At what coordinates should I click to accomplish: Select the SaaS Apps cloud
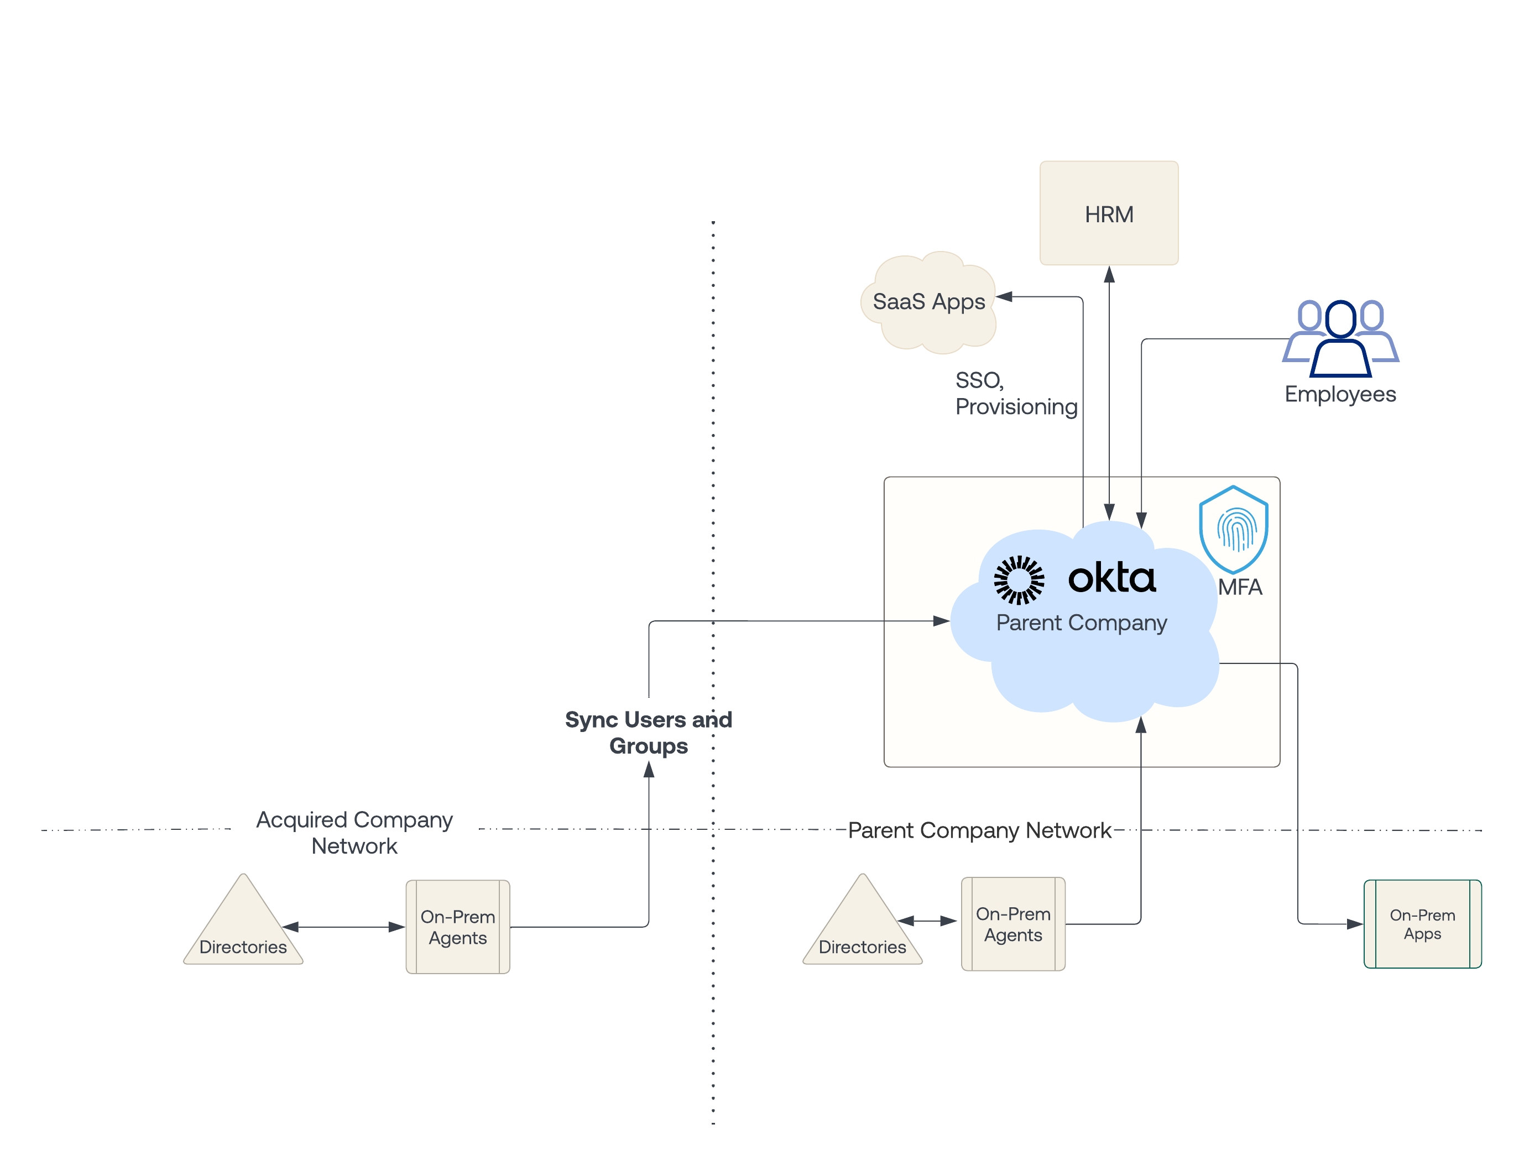point(928,302)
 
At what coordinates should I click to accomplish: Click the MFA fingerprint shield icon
point(1233,529)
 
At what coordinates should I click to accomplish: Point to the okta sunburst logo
point(1018,579)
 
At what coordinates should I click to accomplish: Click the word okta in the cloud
point(1112,578)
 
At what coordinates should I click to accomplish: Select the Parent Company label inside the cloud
point(1081,623)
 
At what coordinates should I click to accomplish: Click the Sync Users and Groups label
point(648,732)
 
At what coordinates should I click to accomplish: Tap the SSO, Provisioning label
point(1015,394)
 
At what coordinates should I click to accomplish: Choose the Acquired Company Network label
point(354,832)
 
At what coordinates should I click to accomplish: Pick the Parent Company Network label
point(979,830)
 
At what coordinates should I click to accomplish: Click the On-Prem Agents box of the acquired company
point(457,927)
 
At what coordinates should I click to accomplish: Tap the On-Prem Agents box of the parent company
point(1012,924)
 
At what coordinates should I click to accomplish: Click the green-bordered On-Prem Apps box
point(1422,924)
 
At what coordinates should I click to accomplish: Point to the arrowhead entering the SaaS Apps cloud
point(1004,297)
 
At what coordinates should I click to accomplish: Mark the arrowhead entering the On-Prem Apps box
point(1354,924)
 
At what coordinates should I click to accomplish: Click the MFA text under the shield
point(1239,587)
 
